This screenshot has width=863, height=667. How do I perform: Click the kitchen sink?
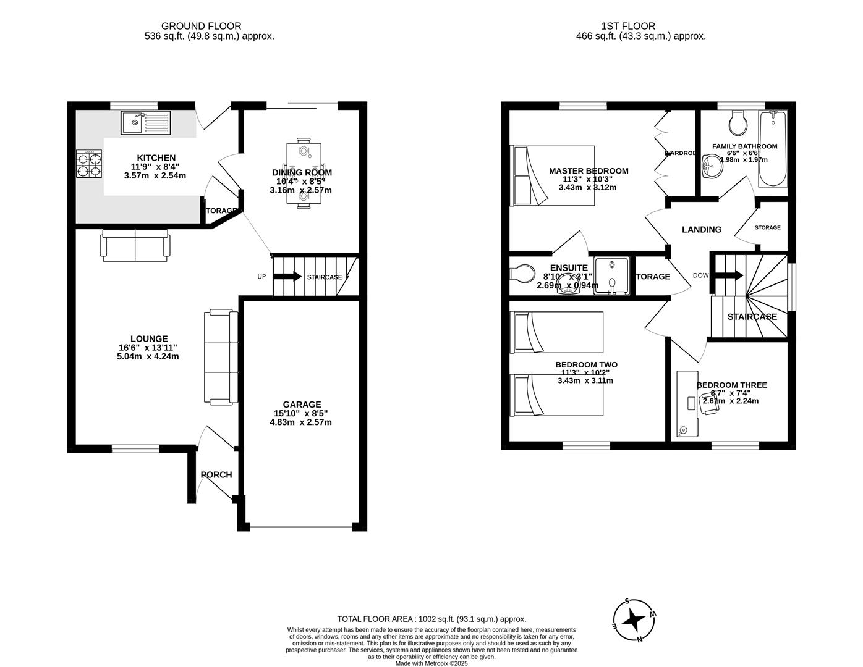tap(145, 123)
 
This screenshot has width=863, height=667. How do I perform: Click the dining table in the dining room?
tap(304, 173)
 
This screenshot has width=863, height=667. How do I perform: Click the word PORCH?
tap(216, 474)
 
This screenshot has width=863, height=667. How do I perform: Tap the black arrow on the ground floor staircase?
tap(291, 277)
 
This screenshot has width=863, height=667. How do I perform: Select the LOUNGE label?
tap(149, 338)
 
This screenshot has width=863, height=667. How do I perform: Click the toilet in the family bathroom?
tap(738, 124)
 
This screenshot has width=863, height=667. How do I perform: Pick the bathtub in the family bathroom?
tap(773, 149)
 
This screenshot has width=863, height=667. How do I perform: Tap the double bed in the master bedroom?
tap(552, 175)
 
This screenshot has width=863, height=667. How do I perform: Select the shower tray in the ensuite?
tap(611, 275)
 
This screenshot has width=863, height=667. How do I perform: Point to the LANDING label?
tap(702, 229)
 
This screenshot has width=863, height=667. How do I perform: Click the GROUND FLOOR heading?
tap(201, 26)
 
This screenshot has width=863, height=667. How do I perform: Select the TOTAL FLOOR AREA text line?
tap(432, 619)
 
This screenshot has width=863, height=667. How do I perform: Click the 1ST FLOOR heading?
tap(628, 26)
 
